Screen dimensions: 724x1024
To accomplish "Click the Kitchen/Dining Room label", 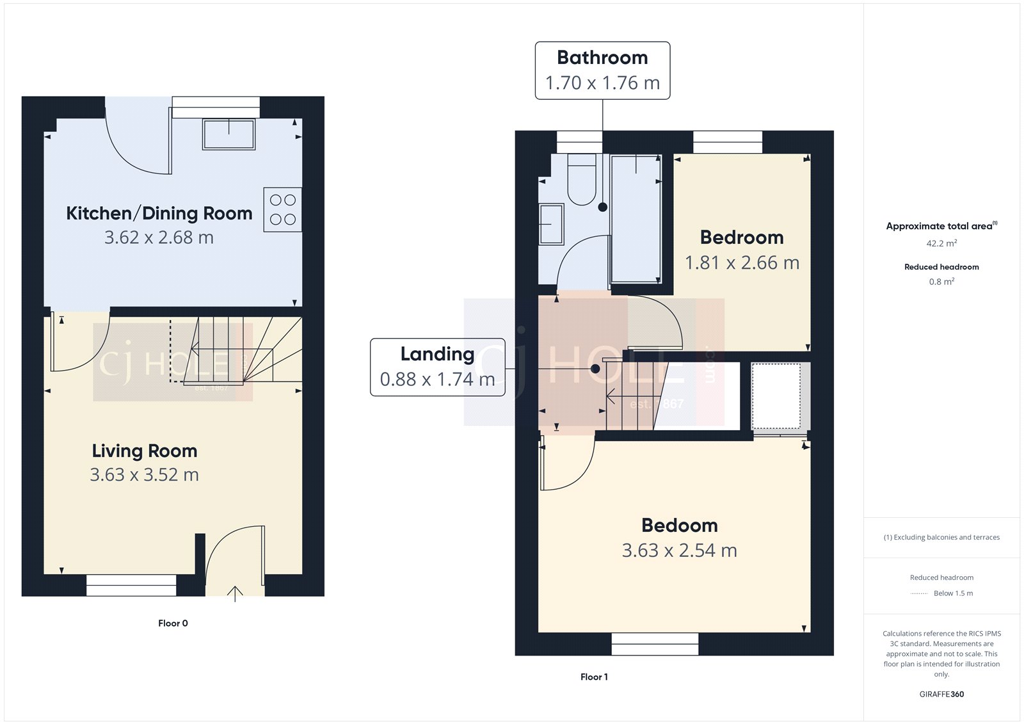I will pos(159,213).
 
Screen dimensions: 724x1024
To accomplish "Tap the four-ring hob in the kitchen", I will pos(282,209).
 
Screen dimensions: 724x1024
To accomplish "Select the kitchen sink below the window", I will pos(228,134).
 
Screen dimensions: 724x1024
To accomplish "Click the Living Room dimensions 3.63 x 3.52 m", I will pos(144,475).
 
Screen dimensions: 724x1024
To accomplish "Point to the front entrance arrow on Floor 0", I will pos(235,593).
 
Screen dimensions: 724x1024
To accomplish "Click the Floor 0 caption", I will pos(173,623).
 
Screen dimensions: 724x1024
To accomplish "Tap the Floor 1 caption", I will pos(594,677).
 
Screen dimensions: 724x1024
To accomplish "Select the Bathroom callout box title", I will pos(602,58).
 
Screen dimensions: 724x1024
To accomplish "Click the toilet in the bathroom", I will pos(581,181).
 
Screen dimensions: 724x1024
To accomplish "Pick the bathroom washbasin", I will pos(551,224).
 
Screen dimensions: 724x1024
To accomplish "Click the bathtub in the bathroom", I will pos(636,219).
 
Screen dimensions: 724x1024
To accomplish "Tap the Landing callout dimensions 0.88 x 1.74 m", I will pos(437,380).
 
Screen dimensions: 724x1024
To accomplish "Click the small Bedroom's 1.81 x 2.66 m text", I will pos(742,263).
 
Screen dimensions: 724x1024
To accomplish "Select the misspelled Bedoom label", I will pos(679,526).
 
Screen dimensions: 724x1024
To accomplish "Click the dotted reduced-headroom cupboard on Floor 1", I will pos(776,396).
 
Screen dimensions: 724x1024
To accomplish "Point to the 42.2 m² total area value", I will pos(941,243).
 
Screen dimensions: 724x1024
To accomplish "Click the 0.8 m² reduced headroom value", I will pos(941,282).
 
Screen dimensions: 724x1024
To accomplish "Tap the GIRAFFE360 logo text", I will pos(941,695).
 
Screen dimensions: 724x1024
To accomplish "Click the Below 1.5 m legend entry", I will pos(952,593).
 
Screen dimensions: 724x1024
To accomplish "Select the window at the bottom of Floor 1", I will pos(655,644).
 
